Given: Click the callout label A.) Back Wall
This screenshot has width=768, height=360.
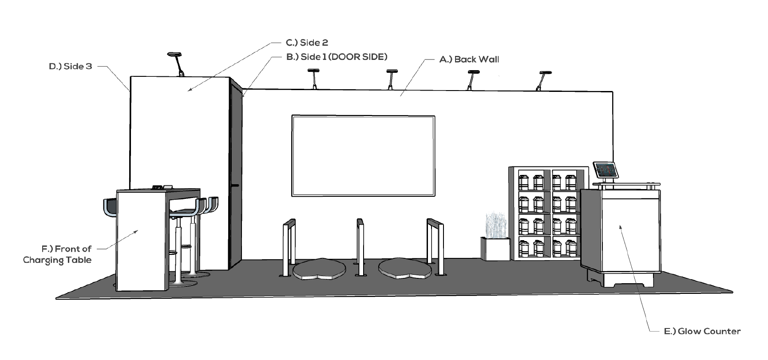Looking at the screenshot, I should [469, 59].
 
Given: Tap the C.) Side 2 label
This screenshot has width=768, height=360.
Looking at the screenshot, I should [307, 43].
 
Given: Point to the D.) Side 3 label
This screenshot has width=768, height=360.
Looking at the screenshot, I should [71, 67].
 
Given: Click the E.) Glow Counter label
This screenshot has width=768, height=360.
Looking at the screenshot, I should [702, 331].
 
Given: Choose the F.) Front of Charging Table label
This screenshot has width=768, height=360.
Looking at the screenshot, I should [58, 254].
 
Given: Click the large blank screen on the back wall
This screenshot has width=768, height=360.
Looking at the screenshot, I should [363, 155].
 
